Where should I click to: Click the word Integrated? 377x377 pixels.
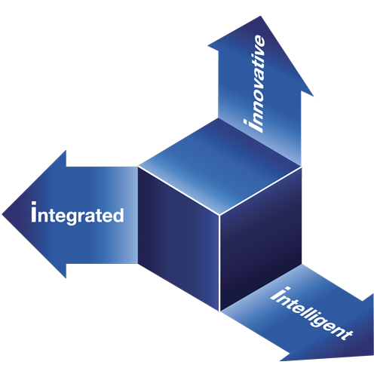(78, 213)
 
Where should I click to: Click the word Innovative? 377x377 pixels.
(255, 84)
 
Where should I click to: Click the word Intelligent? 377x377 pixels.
(311, 314)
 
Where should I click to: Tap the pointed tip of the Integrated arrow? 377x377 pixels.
(2, 214)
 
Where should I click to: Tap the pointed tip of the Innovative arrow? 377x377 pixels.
(261, 17)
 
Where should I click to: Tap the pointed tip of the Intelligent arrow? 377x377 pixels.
(373, 355)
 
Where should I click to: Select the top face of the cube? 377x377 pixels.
(219, 166)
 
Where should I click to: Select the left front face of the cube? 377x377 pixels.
(179, 239)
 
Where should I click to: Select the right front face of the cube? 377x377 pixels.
(261, 238)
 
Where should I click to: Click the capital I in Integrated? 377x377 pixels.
(34, 212)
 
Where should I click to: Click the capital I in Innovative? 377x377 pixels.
(253, 126)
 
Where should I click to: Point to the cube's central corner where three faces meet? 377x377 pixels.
(219, 215)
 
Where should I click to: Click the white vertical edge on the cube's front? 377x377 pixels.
(219, 263)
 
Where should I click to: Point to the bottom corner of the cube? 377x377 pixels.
(219, 311)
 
